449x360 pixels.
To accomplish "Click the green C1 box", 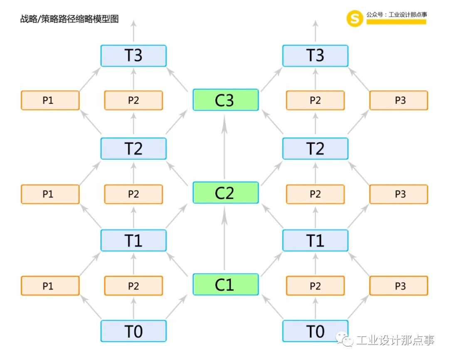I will click(x=225, y=284).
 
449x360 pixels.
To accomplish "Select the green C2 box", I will click(x=225, y=192).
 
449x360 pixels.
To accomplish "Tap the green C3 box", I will click(x=225, y=100).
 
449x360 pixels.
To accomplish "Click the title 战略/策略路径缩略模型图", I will click(x=69, y=19).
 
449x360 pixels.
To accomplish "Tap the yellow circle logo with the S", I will click(x=355, y=18).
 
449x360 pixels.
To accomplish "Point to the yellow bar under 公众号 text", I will click(x=396, y=22).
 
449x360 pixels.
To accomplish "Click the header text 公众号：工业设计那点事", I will click(x=397, y=15).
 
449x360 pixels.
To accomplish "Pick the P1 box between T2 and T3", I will click(x=50, y=100).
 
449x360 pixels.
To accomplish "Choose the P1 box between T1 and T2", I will click(x=50, y=194).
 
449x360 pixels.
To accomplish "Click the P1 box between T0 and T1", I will click(x=50, y=286).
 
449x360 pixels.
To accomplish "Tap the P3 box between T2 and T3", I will click(x=399, y=100).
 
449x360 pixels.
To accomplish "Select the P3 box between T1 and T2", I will click(x=399, y=194).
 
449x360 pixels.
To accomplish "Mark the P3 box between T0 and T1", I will click(x=399, y=286).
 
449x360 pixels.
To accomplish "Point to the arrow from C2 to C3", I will click(x=225, y=148).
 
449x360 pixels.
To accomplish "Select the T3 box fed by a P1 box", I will click(x=133, y=56).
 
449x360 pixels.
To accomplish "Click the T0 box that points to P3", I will click(x=315, y=331).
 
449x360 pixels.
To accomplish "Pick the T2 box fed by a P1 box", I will click(x=133, y=148).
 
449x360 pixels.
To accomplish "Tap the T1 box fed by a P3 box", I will click(x=315, y=240).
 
